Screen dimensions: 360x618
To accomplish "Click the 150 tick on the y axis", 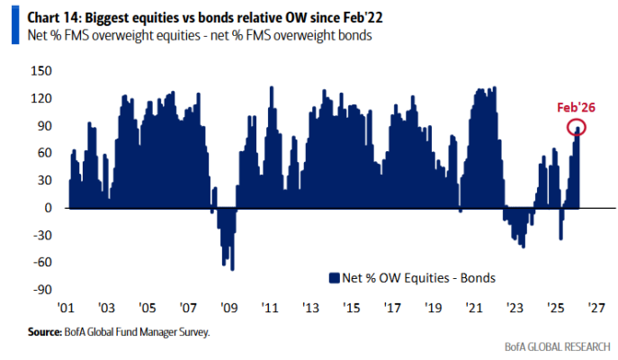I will pyautogui.click(x=41, y=70).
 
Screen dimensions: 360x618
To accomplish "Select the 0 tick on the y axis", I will pyautogui.click(x=46, y=208).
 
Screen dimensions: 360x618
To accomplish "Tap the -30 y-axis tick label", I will pyautogui.click(x=41, y=235).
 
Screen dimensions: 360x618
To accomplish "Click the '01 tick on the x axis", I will pyautogui.click(x=68, y=307).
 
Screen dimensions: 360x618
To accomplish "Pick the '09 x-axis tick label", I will pyautogui.click(x=229, y=307).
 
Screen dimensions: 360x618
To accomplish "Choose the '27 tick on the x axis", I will pyautogui.click(x=593, y=307).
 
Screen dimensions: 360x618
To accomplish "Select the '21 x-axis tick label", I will pyautogui.click(x=472, y=307).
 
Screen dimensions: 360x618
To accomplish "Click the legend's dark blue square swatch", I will pyautogui.click(x=333, y=276).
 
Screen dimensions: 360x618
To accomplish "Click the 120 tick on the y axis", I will pyautogui.click(x=41, y=98).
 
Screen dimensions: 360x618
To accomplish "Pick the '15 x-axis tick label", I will pyautogui.click(x=351, y=307).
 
